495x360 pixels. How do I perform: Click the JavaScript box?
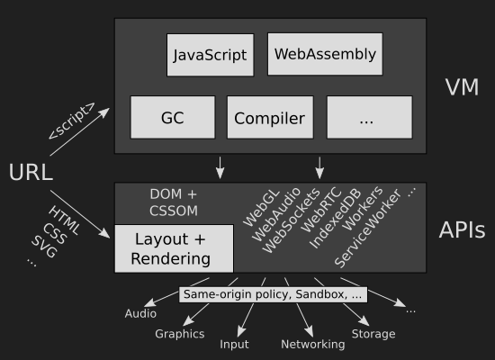tap(211, 55)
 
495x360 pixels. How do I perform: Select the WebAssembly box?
tap(325, 54)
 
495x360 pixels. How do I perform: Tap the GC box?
tap(173, 118)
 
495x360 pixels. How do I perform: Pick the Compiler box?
tap(270, 118)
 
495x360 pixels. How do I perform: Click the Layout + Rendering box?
tap(174, 248)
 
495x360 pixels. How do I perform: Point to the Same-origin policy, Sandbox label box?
tap(273, 294)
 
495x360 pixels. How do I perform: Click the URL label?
tap(31, 173)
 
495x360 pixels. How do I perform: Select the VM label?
tap(462, 87)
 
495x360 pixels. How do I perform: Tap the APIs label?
tap(462, 229)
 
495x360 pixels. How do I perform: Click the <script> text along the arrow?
tap(72, 121)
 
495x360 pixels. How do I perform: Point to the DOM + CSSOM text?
tap(174, 202)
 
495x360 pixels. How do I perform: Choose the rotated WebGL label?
tap(261, 208)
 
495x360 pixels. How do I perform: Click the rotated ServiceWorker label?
tap(367, 229)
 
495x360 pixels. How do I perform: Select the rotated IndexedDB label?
tap(335, 219)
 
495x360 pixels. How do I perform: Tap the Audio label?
tap(140, 313)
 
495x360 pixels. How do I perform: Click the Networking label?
tap(313, 344)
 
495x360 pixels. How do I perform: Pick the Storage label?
tap(373, 334)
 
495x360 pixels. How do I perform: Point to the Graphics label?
tap(180, 334)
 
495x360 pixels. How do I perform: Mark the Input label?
tap(234, 344)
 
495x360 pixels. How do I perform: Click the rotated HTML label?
tap(64, 220)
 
